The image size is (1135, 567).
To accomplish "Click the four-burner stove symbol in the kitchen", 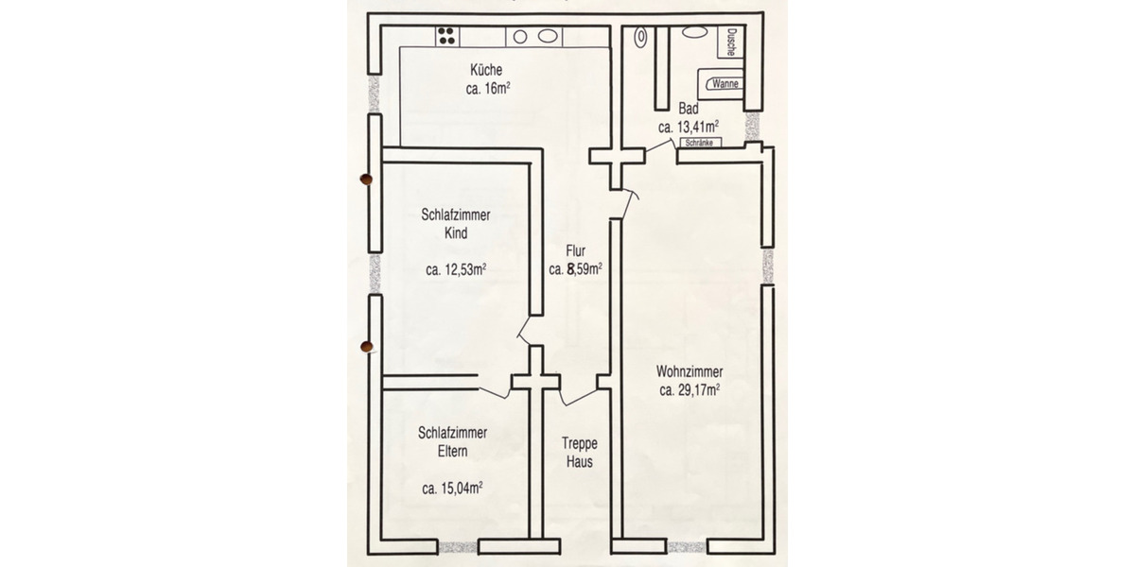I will [447, 36].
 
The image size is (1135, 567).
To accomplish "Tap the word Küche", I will [489, 70].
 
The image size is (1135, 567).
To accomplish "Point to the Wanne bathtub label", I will [725, 83].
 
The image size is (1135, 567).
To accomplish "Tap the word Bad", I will [689, 108].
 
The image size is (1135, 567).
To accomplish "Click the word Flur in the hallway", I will [575, 251].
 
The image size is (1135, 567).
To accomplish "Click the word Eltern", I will [452, 452].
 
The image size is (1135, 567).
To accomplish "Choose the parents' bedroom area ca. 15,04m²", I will [453, 489].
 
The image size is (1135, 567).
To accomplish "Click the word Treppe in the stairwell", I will [579, 443].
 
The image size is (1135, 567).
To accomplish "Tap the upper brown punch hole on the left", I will [366, 178].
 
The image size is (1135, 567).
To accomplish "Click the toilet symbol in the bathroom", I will [641, 38].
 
